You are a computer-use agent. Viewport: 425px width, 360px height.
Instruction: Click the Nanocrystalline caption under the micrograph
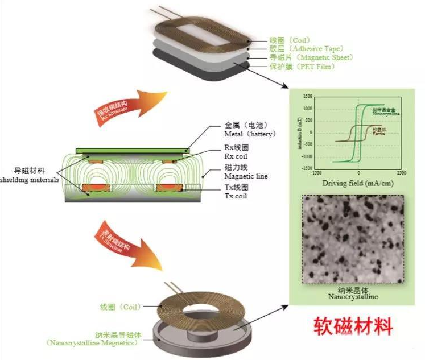[353, 296]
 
